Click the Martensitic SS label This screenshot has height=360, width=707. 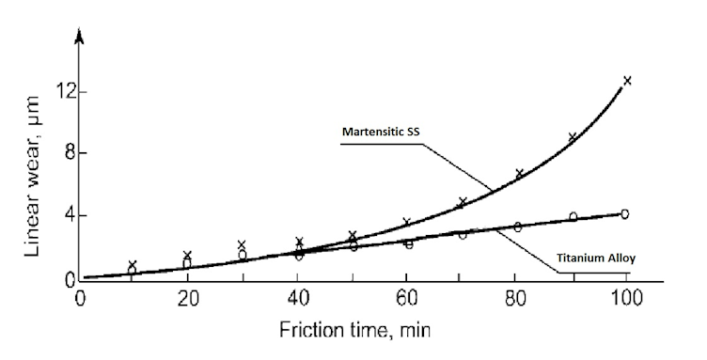click(379, 132)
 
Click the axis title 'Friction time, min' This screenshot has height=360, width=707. click(353, 331)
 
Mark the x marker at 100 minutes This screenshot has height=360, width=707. click(627, 81)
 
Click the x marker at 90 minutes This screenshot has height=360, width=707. click(572, 137)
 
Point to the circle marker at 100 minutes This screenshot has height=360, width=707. click(624, 214)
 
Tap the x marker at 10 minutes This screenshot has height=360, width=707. click(133, 265)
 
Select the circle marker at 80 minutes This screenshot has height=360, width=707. click(517, 227)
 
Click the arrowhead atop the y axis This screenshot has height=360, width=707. click(80, 38)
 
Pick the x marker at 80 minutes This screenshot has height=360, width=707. click(519, 174)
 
